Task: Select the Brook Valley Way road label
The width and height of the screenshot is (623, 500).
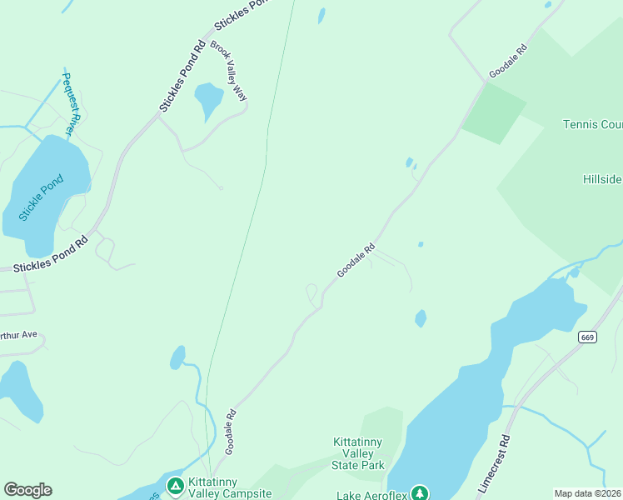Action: [229, 71]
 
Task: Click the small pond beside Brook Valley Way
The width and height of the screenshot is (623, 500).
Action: [208, 100]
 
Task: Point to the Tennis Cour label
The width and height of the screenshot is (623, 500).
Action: [592, 125]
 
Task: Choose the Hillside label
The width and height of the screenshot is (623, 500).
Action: [602, 179]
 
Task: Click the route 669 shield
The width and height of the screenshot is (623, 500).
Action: [588, 337]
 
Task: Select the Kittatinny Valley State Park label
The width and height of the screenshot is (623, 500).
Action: [358, 452]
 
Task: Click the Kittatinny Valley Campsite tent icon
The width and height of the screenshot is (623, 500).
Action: [175, 485]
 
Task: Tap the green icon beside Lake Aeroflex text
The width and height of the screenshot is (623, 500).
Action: [420, 493]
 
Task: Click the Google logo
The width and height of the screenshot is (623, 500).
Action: [27, 490]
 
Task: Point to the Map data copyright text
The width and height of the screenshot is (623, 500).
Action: [588, 493]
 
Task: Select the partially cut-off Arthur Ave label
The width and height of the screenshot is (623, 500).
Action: [18, 335]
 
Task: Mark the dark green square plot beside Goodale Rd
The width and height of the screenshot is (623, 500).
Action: [493, 113]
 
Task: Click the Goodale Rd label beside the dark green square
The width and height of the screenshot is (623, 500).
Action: [508, 61]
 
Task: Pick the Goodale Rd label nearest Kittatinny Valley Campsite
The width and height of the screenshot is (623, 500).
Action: [231, 432]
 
